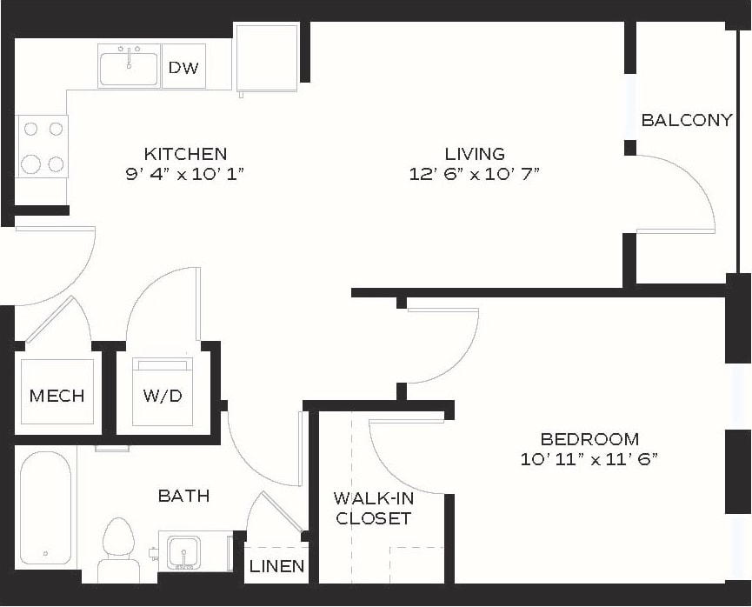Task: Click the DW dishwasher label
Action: (183, 68)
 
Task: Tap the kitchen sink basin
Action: (129, 68)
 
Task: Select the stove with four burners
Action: (43, 146)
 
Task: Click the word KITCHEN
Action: (185, 154)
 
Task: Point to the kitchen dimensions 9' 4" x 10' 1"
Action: (185, 174)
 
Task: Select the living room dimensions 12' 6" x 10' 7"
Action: (475, 174)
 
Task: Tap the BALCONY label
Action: (686, 120)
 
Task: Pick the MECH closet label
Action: (57, 396)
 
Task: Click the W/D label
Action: (163, 396)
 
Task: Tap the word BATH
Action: (183, 496)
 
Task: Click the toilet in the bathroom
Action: (117, 548)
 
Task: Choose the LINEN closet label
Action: (276, 566)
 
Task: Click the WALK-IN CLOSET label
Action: (374, 509)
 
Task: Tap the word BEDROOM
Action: (589, 439)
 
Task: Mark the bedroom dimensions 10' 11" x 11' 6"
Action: (589, 459)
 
